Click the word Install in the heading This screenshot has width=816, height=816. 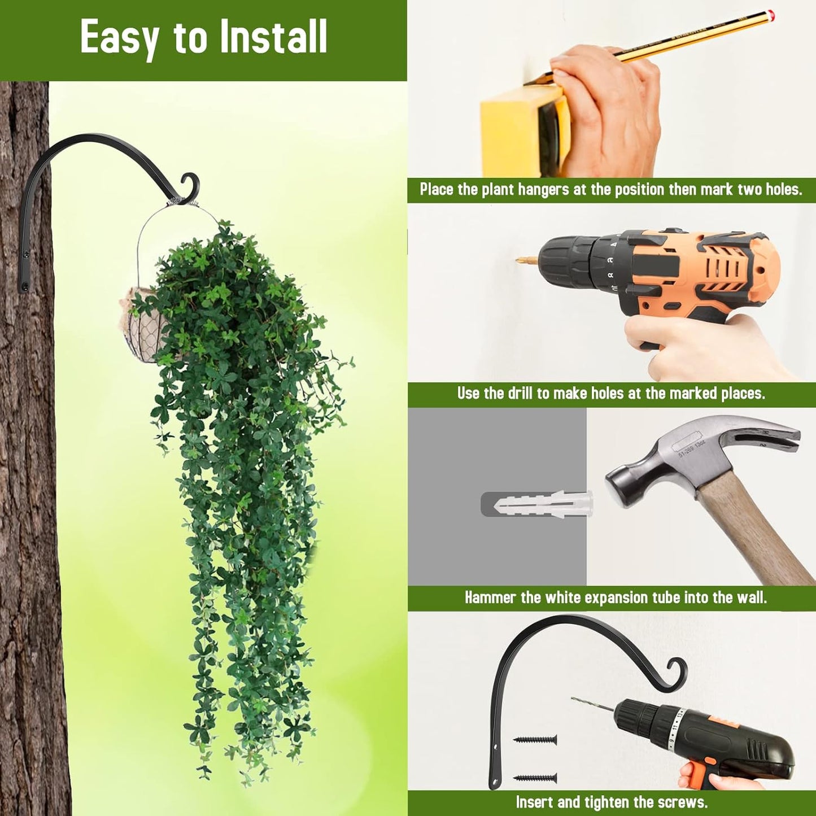273,37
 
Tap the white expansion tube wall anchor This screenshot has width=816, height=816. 542,503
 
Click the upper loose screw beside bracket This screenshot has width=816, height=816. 535,740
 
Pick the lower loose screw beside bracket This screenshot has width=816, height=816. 535,778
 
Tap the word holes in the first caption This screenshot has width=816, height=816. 783,189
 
